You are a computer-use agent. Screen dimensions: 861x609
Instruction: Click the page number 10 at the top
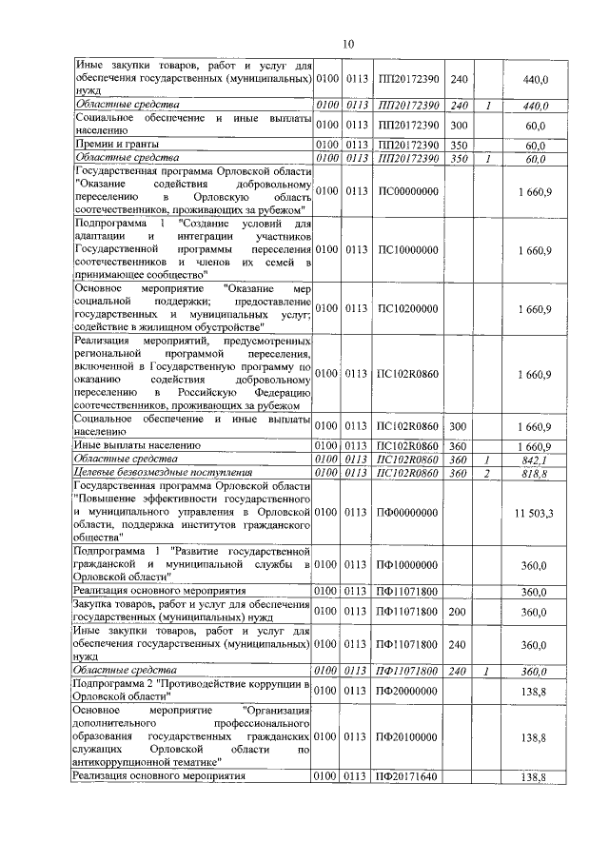pyautogui.click(x=348, y=44)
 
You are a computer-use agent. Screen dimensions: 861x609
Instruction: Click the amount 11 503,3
pyautogui.click(x=534, y=513)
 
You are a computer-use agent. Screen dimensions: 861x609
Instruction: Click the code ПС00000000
pyautogui.click(x=407, y=192)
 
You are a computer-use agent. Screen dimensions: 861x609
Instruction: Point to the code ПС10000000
pyautogui.click(x=407, y=249)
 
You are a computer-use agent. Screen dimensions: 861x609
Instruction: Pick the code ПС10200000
pyautogui.click(x=407, y=308)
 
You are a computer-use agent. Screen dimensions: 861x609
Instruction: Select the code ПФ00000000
pyautogui.click(x=407, y=513)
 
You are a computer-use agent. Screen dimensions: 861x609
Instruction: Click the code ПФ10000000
pyautogui.click(x=407, y=565)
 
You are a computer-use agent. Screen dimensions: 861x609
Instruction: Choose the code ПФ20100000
pyautogui.click(x=407, y=736)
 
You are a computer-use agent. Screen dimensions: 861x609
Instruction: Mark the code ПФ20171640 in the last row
pyautogui.click(x=407, y=776)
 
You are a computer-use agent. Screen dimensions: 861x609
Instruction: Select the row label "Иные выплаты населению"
pyautogui.click(x=136, y=445)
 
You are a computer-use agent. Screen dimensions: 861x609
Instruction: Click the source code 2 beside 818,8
pyautogui.click(x=486, y=472)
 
